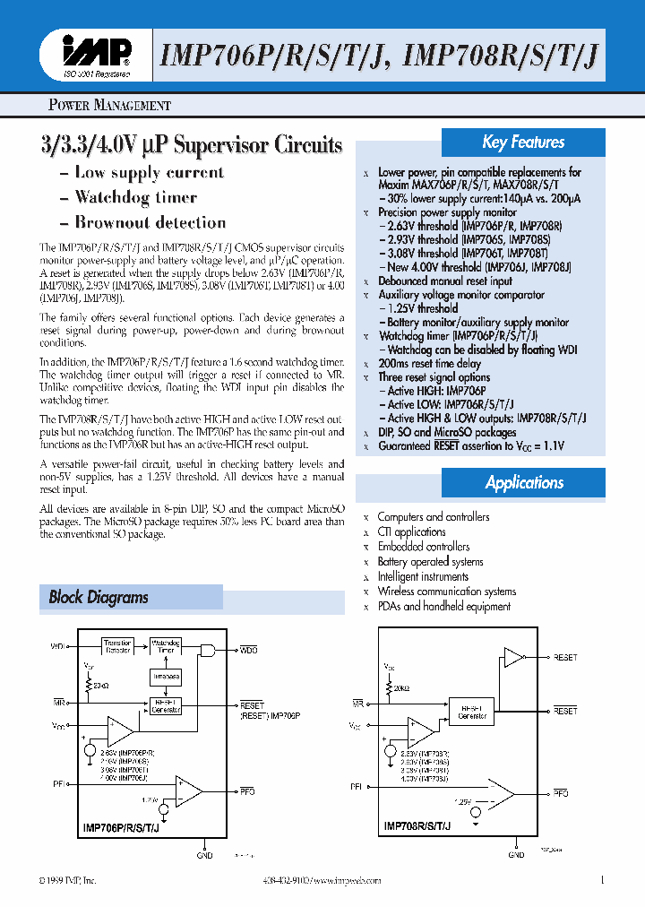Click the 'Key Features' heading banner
click(x=523, y=143)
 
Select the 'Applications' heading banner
click(x=524, y=482)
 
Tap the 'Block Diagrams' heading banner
click(x=130, y=597)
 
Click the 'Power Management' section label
click(x=108, y=105)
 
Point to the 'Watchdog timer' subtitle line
click(x=135, y=197)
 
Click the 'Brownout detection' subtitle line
click(x=150, y=222)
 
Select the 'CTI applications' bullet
click(x=411, y=531)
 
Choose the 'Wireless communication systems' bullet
click(x=446, y=592)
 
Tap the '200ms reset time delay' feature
click(x=429, y=364)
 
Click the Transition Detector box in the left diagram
click(x=117, y=646)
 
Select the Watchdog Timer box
click(x=167, y=646)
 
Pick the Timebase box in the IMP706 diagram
click(x=166, y=677)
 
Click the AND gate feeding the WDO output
click(x=207, y=648)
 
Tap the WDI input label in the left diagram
click(x=57, y=645)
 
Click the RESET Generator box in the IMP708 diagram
click(x=471, y=712)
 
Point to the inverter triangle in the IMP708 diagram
click(x=512, y=658)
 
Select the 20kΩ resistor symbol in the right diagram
click(x=390, y=688)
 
